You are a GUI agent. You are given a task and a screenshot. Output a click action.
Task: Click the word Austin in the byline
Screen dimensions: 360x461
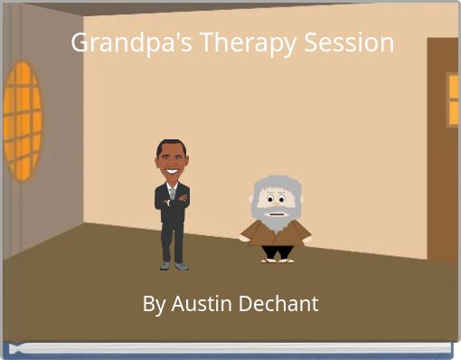[x=200, y=304]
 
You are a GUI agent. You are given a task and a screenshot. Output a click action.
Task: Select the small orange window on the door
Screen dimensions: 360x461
[x=453, y=99]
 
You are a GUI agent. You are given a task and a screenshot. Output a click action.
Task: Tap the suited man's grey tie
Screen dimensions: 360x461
[x=172, y=192]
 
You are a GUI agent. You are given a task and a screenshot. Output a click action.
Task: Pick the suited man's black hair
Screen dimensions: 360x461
[x=170, y=145]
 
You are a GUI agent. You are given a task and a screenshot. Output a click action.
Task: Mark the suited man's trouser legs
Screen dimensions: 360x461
[x=172, y=240]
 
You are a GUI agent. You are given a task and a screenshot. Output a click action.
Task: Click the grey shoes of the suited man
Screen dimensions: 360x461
[x=173, y=266]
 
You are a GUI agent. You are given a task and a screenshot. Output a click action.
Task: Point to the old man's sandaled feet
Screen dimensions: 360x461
[x=278, y=259]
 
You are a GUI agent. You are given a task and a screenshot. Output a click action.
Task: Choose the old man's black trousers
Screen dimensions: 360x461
[x=278, y=251]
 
